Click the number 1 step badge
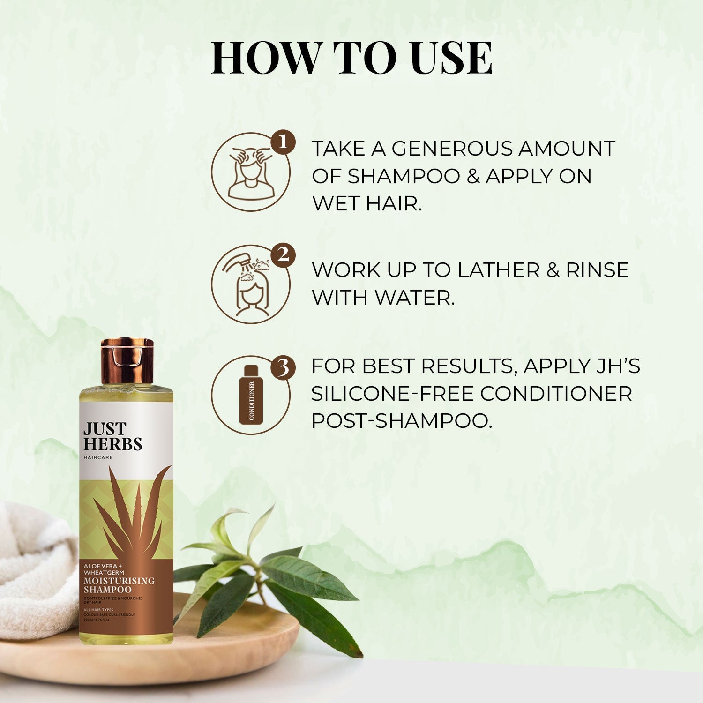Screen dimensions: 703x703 pyautogui.click(x=283, y=142)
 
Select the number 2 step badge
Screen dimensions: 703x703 pyautogui.click(x=283, y=255)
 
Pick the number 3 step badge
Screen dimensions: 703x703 pyautogui.click(x=283, y=367)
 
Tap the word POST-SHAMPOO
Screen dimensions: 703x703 pyautogui.click(x=402, y=421)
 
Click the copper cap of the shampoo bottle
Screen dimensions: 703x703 pyautogui.click(x=127, y=361)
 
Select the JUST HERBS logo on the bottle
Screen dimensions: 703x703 pyautogui.click(x=112, y=436)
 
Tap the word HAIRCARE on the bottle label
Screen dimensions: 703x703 pyautogui.click(x=98, y=457)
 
